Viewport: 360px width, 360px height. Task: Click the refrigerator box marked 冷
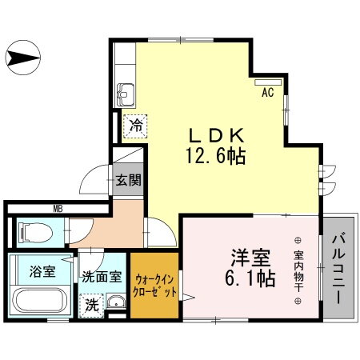coord(136,126)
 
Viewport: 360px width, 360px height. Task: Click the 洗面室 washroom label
coord(102,278)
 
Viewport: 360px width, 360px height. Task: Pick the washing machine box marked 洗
coord(92,305)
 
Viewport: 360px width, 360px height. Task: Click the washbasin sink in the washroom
coord(116,303)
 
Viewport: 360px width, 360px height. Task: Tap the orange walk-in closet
coord(156,286)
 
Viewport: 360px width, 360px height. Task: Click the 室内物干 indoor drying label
coord(298,270)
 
